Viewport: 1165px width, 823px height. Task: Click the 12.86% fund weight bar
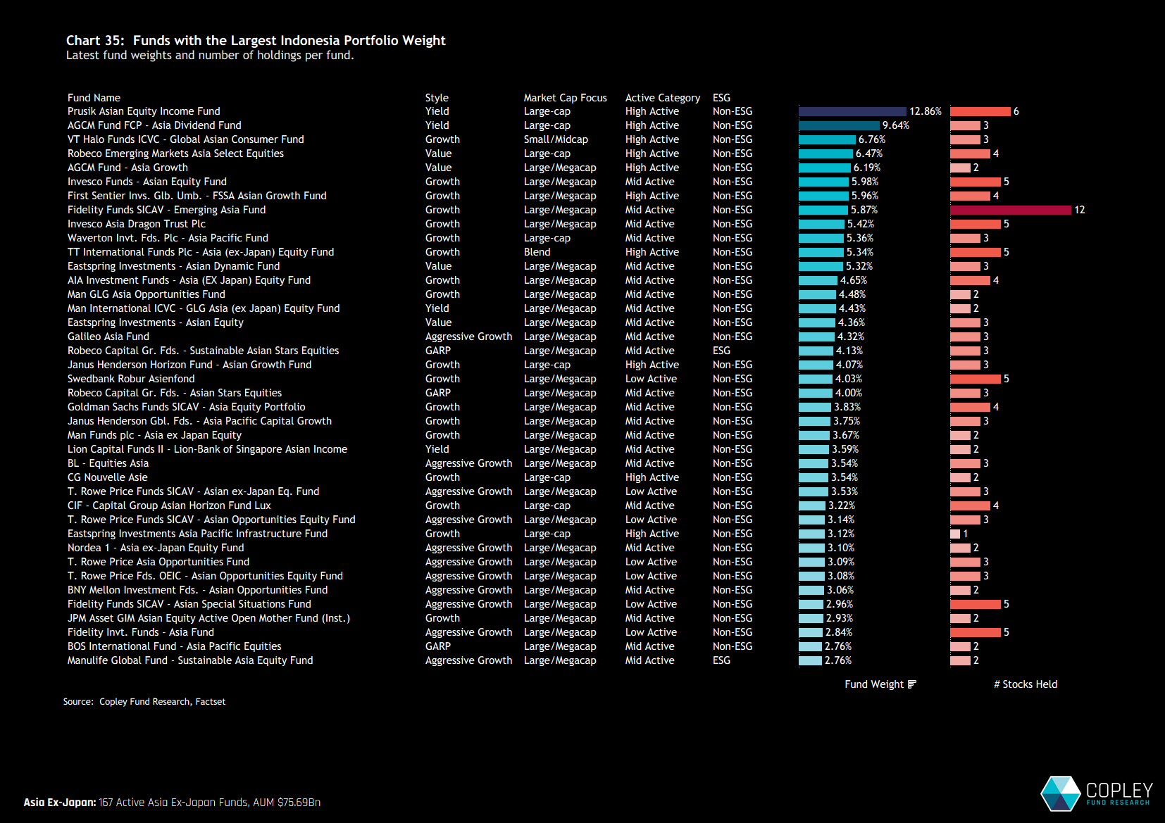pos(852,111)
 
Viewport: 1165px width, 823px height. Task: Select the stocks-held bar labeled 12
pos(1010,210)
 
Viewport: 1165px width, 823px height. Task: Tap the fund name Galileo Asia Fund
pos(108,337)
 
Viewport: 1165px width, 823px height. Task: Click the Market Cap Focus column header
pos(565,98)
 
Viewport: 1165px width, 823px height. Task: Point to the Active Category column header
pos(662,98)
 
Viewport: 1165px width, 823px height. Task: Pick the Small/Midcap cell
pos(556,139)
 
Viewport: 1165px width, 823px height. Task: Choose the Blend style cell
pos(537,252)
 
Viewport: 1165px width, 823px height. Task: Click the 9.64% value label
pos(895,125)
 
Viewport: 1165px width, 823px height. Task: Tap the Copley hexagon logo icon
pos(1060,793)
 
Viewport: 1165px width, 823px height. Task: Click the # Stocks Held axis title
pos(1025,684)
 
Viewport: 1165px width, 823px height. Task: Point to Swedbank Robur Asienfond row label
pos(131,379)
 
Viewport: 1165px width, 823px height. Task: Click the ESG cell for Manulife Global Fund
pos(721,660)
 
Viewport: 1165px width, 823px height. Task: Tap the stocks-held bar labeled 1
pos(954,534)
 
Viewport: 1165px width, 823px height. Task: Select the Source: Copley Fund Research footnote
pos(144,702)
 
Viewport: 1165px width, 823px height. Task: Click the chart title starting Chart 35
pos(256,41)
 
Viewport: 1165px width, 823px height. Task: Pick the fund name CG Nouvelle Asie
pos(108,477)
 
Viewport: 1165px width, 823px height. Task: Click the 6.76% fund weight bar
pos(827,139)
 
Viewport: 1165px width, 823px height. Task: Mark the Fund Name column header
pos(94,98)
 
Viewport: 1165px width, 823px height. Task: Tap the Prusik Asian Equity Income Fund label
pos(144,111)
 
